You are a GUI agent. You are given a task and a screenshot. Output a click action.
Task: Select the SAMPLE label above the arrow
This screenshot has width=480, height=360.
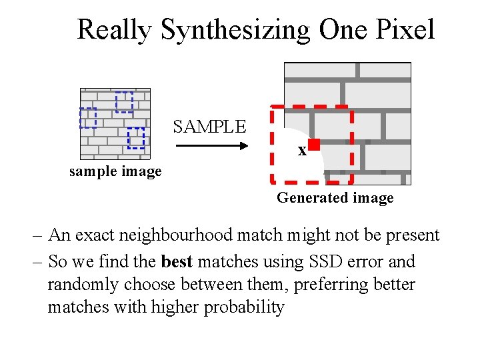coord(210,127)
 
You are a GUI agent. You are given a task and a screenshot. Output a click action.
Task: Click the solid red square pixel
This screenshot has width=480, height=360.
coord(313,144)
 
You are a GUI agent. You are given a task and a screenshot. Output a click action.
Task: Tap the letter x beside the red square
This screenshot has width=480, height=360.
coord(302,151)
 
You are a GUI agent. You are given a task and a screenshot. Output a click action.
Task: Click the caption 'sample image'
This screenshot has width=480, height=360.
coord(115,172)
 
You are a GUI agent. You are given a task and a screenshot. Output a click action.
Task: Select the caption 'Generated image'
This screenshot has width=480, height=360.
coord(335,198)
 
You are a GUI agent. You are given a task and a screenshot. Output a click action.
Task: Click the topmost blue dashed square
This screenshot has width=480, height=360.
coord(124,102)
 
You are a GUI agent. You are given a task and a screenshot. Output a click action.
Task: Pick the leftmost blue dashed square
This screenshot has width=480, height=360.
coord(88,117)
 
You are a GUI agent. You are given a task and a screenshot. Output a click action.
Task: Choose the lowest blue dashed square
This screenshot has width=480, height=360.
coord(135,137)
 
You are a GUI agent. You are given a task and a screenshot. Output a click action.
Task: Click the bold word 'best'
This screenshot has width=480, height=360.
coord(176,262)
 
